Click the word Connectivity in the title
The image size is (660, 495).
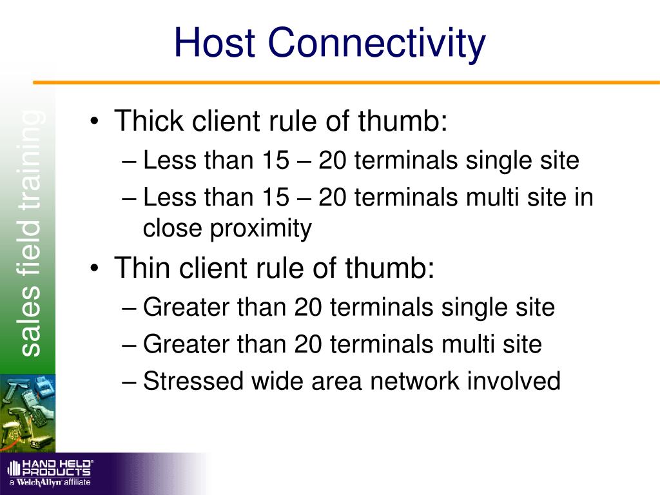click(376, 43)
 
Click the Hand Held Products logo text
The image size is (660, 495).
click(57, 467)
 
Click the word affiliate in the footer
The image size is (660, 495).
click(77, 482)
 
